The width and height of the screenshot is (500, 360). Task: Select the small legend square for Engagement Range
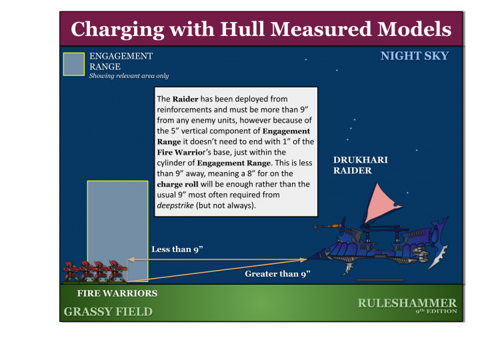pos(73,64)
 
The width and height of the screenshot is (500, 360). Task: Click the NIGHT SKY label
pos(414,56)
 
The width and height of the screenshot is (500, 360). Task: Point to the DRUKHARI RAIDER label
pos(361,165)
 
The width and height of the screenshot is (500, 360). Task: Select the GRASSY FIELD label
pos(108,311)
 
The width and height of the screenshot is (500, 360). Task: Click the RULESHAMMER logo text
pos(407,303)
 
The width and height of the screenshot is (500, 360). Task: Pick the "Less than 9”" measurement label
pos(177,249)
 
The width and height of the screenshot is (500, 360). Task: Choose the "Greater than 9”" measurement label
pos(277,274)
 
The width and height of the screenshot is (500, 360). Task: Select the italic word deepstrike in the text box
pos(175,205)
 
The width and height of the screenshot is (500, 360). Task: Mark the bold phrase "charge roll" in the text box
pos(177,184)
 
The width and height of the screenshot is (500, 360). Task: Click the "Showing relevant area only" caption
pos(129,76)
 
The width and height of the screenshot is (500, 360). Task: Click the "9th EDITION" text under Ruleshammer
pos(436,312)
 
